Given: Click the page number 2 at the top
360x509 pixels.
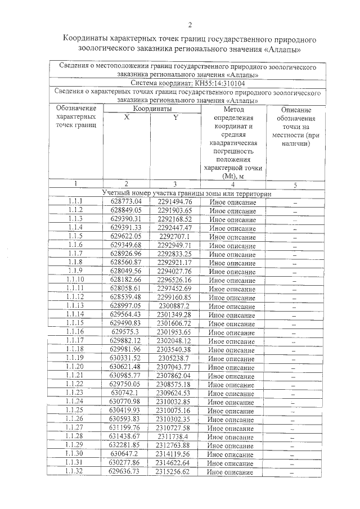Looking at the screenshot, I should point(190,24).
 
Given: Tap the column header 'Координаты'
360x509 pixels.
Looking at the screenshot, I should point(152,109).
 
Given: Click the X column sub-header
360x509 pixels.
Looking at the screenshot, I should point(127,118).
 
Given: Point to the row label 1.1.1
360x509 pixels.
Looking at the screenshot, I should point(75,201).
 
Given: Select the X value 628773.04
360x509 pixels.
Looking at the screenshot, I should point(127,201).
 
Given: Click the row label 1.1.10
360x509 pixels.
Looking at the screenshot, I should point(75,280).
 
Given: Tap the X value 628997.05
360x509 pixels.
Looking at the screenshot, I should point(127,305).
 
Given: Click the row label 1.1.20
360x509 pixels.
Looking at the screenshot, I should point(75,367).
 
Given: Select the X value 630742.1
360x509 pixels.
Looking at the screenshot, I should point(127,393).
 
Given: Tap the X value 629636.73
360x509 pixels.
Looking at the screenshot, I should point(127,472).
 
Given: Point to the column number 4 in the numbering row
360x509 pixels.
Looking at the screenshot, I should point(232,184).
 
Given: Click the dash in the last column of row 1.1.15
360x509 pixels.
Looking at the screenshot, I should point(293,323).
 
